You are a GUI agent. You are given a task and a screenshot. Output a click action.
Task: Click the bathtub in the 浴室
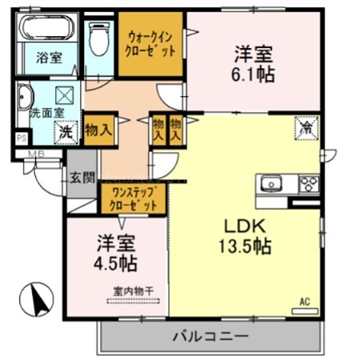(x=46, y=32)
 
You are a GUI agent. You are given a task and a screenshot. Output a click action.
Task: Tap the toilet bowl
(x=99, y=36)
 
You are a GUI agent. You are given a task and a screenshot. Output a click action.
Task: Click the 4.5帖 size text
(x=117, y=263)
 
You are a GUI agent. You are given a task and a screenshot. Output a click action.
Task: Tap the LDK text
(x=239, y=225)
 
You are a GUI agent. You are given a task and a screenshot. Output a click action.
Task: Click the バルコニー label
(x=210, y=336)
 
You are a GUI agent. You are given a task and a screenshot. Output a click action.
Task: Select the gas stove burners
(x=308, y=183)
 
